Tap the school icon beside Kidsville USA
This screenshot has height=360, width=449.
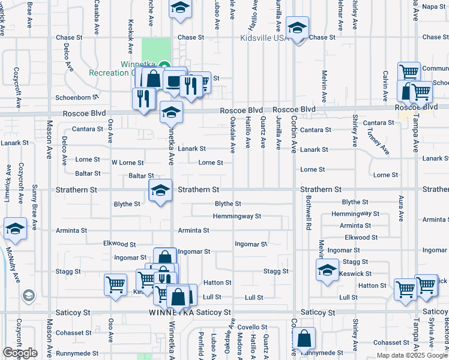(x=297, y=28)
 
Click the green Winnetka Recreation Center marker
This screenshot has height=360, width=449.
(x=164, y=65)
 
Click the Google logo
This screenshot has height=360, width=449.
(x=20, y=352)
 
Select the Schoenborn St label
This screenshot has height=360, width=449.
(x=76, y=97)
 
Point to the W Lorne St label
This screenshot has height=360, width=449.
(x=127, y=163)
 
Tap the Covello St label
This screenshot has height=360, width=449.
(x=252, y=327)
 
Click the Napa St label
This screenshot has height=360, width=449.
(x=435, y=7)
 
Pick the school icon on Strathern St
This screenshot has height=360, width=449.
(x=160, y=191)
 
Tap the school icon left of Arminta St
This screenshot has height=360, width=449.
(x=15, y=229)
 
